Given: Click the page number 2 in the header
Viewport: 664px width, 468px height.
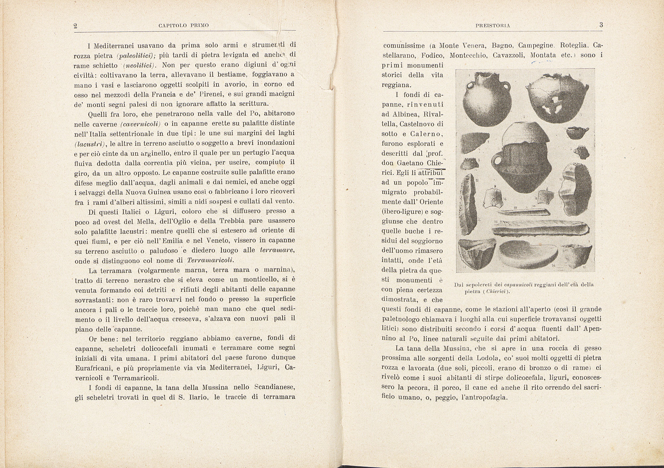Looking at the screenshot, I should (x=75, y=26).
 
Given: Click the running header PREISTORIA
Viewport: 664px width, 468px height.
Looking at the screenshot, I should (x=493, y=25).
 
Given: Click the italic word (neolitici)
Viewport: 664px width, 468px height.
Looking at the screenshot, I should (x=137, y=65).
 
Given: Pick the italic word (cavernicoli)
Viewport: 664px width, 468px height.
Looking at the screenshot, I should (x=139, y=124).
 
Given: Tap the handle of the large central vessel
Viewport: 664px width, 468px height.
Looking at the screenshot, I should (x=498, y=162).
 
